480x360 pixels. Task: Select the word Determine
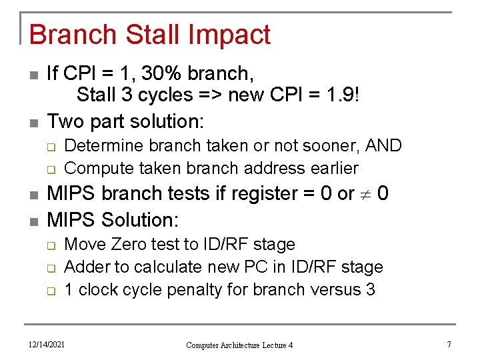click(x=101, y=146)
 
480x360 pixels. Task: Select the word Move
click(x=83, y=245)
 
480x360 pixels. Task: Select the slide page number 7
click(x=449, y=344)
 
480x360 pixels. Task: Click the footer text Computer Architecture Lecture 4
click(x=239, y=345)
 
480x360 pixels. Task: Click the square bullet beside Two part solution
click(x=34, y=123)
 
